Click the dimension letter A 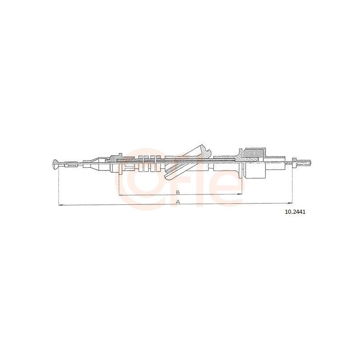(178, 202)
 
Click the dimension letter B (177, 192)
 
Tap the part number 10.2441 (295, 212)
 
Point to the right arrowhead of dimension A (290, 203)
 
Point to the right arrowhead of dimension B (240, 194)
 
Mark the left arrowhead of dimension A (61, 205)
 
